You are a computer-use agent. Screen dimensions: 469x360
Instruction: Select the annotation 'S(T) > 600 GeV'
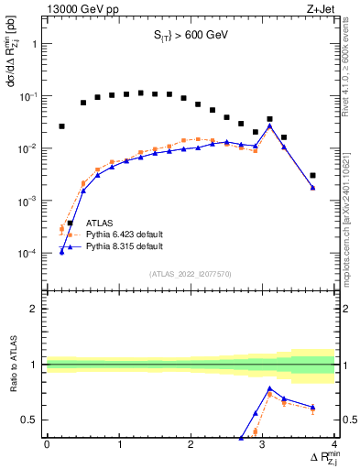(190, 37)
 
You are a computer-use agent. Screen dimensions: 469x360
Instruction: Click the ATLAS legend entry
(100, 223)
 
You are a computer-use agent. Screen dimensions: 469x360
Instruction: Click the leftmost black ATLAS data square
(61, 126)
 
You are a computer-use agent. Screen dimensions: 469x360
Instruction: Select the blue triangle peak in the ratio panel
(269, 388)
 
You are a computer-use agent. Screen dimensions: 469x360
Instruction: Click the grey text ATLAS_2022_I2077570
(190, 274)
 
